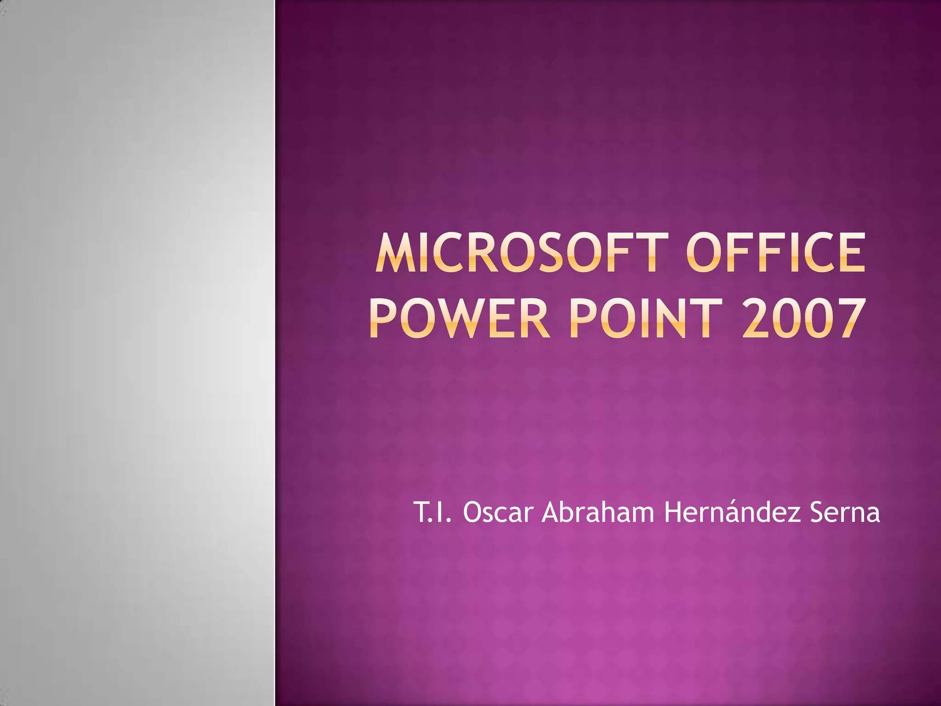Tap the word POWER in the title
coord(459,318)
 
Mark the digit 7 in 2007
coord(848,318)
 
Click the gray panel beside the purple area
coord(137,353)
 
